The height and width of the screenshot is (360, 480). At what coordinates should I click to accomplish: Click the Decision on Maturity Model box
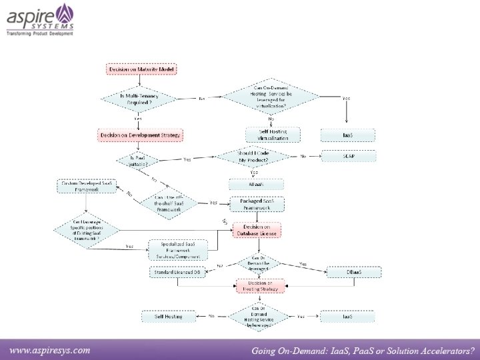coord(141,69)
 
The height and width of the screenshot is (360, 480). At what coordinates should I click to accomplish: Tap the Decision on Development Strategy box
coord(140,135)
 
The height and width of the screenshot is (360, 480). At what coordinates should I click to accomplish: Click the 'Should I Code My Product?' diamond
coord(254,157)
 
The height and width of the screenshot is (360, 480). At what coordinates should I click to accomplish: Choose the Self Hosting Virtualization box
coord(273,135)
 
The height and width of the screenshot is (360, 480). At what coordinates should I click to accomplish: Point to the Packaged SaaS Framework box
coord(257,205)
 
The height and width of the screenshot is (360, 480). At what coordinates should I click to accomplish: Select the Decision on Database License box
coord(257,231)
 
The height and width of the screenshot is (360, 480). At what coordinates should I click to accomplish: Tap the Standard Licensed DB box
coord(177,272)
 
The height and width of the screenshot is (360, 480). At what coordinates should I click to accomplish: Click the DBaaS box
coord(353,272)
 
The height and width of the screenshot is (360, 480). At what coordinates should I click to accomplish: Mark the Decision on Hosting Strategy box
coord(259,286)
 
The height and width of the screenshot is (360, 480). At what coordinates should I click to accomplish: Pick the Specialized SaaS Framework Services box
coord(177,250)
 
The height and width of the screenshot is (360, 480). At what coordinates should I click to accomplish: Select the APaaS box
coord(256,185)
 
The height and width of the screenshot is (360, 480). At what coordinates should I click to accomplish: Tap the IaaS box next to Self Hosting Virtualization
coord(347,135)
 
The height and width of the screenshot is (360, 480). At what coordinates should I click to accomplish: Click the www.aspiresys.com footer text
coord(49,350)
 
